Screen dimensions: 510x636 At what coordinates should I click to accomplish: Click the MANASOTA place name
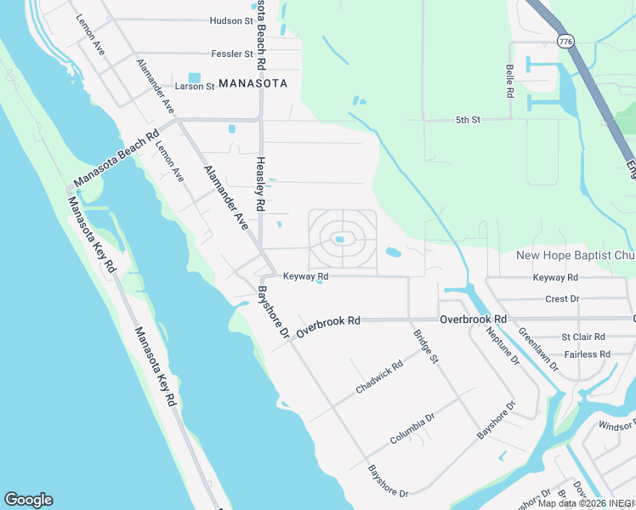pyautogui.click(x=253, y=83)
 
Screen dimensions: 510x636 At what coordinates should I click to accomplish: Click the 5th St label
pyautogui.click(x=468, y=120)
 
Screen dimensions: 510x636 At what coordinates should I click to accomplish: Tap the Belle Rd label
pyautogui.click(x=509, y=81)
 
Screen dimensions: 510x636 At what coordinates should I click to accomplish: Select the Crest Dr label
pyautogui.click(x=561, y=298)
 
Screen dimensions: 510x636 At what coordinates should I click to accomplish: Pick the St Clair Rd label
pyautogui.click(x=583, y=337)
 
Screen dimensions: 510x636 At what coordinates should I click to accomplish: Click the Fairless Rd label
pyautogui.click(x=587, y=354)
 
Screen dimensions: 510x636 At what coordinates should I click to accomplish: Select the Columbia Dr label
pyautogui.click(x=412, y=428)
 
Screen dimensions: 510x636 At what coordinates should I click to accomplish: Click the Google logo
pyautogui.click(x=28, y=500)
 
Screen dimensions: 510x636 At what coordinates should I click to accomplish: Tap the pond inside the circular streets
pyautogui.click(x=339, y=239)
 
